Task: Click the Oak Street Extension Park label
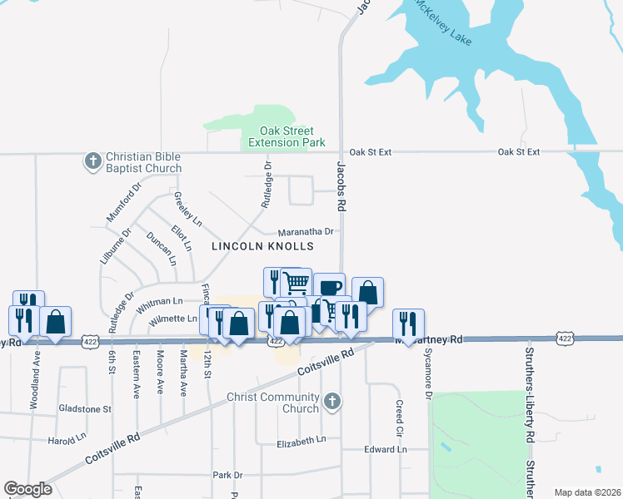287,137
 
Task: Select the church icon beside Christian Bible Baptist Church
92,161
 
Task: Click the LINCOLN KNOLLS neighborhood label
262,247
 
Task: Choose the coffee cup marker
329,287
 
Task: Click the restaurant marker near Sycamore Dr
408,323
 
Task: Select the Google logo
27,489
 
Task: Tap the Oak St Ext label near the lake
519,152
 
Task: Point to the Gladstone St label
85,409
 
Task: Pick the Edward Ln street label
385,450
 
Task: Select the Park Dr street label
227,476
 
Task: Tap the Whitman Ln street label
164,302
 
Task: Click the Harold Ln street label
67,438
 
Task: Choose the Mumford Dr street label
120,208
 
